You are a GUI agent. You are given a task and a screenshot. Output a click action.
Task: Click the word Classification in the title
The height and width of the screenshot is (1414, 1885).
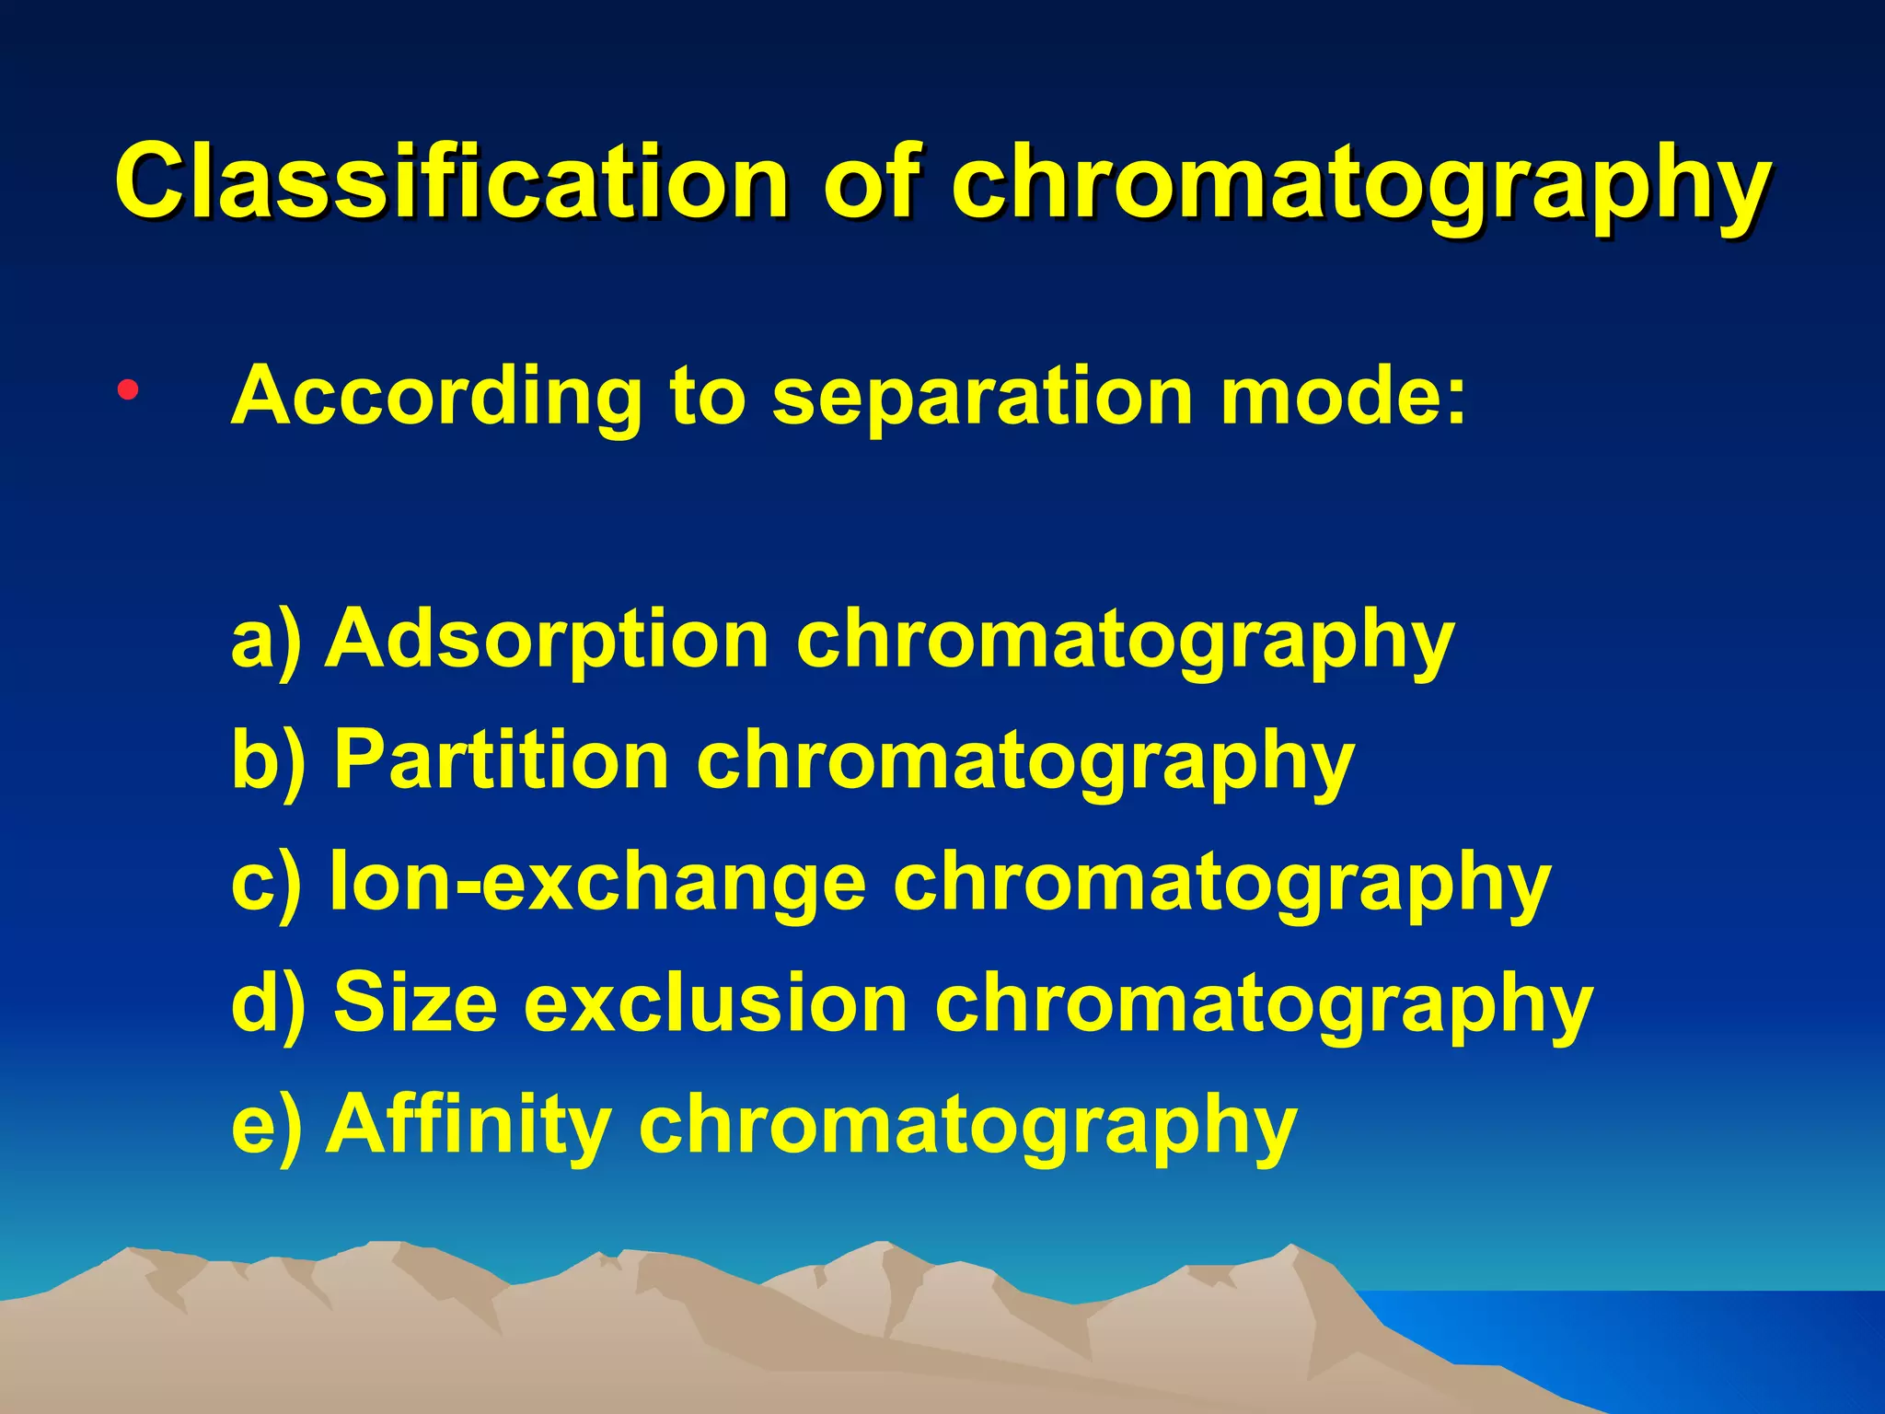[451, 180]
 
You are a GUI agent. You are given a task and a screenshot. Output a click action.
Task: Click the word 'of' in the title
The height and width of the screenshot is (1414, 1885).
[871, 180]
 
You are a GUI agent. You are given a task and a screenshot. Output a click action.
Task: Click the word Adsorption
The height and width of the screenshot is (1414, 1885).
[547, 639]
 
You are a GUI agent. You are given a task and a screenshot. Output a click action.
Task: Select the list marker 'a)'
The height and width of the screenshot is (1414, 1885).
[265, 641]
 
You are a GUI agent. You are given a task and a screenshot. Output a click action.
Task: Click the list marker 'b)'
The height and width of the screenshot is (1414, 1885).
[267, 762]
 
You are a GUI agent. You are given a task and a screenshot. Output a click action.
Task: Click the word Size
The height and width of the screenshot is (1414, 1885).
[415, 1003]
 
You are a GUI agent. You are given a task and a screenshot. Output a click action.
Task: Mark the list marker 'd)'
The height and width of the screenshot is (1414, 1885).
[267, 1004]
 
